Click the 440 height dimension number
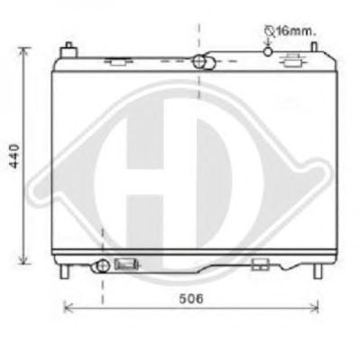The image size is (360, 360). tap(14, 156)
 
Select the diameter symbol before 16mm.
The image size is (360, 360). tap(269, 31)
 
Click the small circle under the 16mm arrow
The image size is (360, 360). tap(268, 51)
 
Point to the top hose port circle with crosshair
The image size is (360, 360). tap(198, 61)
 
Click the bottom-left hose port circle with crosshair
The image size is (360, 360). tap(103, 265)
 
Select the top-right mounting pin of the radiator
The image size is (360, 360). tap(314, 47)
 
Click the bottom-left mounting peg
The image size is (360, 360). tap(64, 272)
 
